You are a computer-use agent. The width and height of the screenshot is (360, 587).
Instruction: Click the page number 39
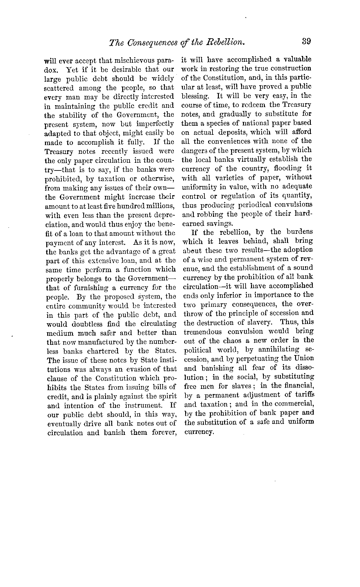305,42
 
